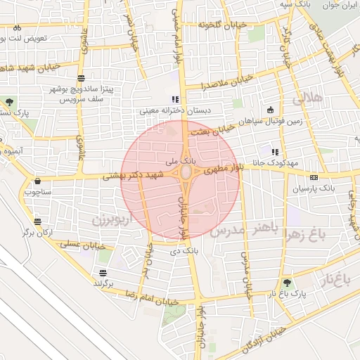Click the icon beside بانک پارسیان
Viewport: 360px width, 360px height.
click(x=314, y=178)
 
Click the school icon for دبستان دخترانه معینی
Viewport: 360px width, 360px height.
click(x=175, y=99)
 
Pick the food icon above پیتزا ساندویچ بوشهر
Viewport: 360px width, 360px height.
click(x=82, y=78)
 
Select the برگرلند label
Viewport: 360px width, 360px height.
click(x=108, y=283)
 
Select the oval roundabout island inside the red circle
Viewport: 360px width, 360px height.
click(x=186, y=172)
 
